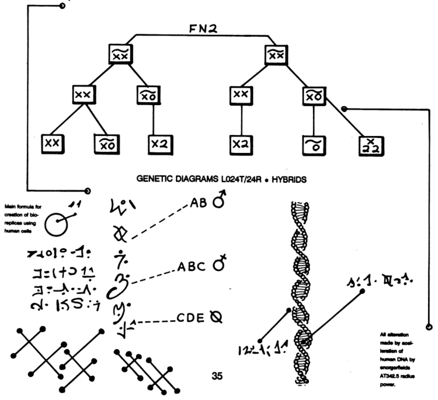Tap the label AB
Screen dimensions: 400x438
coord(198,203)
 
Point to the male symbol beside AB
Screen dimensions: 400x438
coord(220,202)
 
